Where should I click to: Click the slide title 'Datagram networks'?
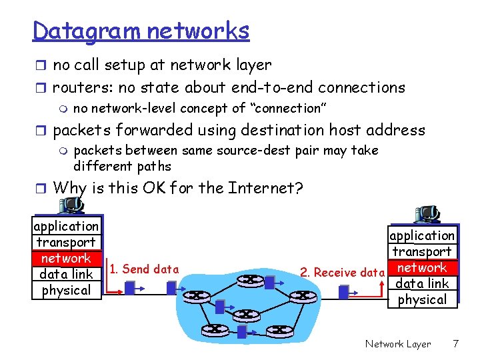click(x=141, y=31)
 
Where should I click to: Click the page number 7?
click(x=455, y=344)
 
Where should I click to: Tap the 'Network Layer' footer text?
click(x=397, y=344)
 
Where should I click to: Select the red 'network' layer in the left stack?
click(x=66, y=258)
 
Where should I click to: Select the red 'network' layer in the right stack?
click(x=423, y=267)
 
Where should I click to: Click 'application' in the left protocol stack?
click(x=66, y=226)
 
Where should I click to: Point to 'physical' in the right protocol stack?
click(x=423, y=299)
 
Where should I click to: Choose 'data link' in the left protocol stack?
click(x=66, y=274)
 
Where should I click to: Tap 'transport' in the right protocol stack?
click(x=423, y=251)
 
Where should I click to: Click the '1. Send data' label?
click(x=144, y=269)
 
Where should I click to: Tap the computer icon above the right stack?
click(x=427, y=214)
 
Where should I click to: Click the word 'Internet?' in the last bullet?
click(x=265, y=188)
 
